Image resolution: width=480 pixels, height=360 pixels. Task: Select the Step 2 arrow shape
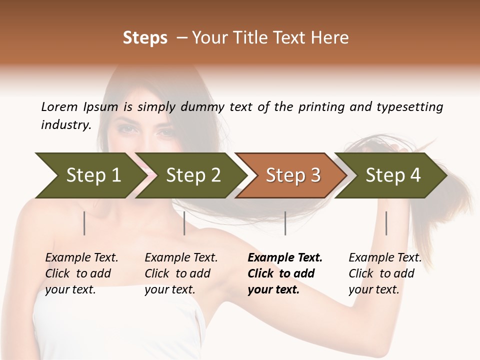click(x=193, y=175)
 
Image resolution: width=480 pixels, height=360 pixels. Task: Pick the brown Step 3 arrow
click(x=292, y=175)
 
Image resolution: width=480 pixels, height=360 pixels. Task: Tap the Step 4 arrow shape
click(x=392, y=175)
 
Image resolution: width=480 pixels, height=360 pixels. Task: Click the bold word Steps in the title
click(x=145, y=38)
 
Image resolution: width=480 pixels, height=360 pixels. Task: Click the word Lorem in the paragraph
click(x=59, y=107)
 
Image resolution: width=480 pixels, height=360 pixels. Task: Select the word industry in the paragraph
click(x=66, y=125)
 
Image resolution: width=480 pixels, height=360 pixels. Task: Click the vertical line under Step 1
click(x=84, y=223)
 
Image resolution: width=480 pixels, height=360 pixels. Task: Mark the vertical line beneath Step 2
click(x=184, y=223)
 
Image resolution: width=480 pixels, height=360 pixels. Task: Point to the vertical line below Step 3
click(x=285, y=223)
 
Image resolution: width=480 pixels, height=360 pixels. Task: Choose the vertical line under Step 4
click(x=386, y=223)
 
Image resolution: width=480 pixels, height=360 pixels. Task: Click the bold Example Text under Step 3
click(x=285, y=258)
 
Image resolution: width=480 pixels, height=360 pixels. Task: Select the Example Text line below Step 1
click(x=81, y=258)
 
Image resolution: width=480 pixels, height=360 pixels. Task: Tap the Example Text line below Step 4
click(x=385, y=258)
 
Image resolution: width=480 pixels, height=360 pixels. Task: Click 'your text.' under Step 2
click(x=169, y=289)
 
